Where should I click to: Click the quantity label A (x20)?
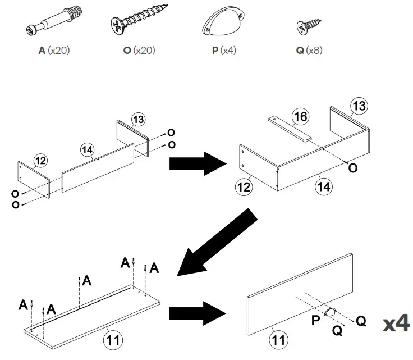tap(54, 51)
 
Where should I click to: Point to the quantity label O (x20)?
tap(139, 51)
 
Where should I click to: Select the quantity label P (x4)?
tap(224, 51)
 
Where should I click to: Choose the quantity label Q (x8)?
tap(309, 51)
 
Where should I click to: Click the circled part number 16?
tap(301, 117)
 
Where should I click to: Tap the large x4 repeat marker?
tap(396, 324)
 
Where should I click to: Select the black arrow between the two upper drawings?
tap(197, 163)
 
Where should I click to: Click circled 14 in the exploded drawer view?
tap(88, 150)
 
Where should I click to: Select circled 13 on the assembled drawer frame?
tap(359, 106)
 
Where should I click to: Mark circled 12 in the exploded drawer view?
tap(39, 161)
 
